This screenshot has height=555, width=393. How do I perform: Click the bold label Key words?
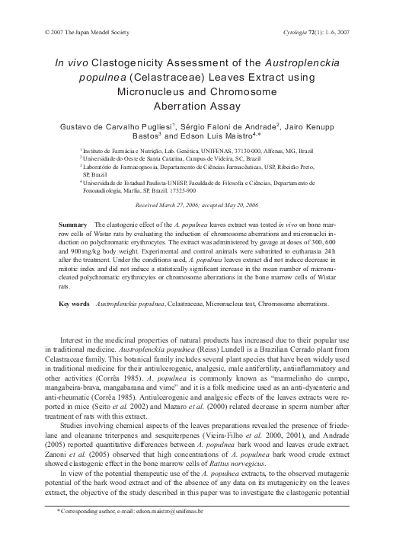point(75,304)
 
